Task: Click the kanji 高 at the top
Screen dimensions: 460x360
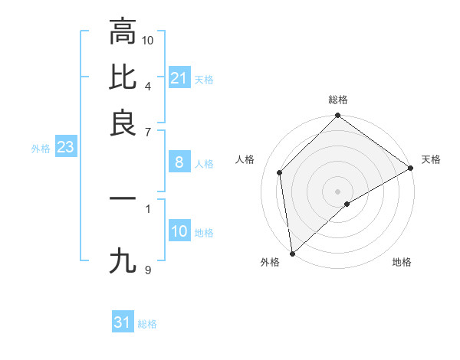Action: [122, 31]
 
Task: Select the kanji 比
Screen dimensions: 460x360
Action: [122, 77]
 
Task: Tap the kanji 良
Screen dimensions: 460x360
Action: [122, 123]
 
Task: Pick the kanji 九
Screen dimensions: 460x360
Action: [122, 261]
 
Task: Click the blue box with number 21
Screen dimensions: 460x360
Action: [179, 78]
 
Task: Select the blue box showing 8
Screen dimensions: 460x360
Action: [179, 162]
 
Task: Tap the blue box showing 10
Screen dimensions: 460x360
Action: [179, 231]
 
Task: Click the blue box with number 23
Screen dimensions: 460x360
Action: [65, 147]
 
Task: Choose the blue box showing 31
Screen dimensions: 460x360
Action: [123, 322]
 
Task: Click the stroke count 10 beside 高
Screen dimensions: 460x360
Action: [148, 39]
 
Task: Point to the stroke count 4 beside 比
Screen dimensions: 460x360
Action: [148, 85]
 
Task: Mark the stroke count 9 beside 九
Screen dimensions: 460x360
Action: [148, 269]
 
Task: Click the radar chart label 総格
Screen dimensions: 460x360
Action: [338, 100]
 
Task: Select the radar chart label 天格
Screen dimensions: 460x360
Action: [431, 159]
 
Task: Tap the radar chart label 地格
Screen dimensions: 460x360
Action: [402, 262]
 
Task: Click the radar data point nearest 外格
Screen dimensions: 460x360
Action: [292, 253]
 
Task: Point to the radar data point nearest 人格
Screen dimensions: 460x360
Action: [280, 172]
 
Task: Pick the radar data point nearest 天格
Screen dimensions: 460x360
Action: [411, 168]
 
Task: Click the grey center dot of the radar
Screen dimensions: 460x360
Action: [338, 191]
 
